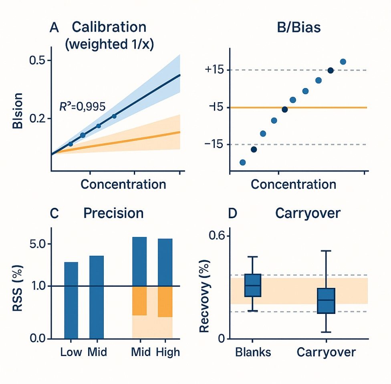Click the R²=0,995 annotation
point(82,107)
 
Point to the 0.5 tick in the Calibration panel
point(39,60)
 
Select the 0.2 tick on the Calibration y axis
point(39,119)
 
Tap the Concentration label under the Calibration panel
point(123,184)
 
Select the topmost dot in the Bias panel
point(343,61)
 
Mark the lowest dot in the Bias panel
point(242,162)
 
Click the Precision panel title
point(113,213)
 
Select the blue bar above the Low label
point(71,300)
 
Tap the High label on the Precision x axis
point(167,352)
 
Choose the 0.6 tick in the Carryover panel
point(218,236)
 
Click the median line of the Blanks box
point(253,285)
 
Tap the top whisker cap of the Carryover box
point(326,251)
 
